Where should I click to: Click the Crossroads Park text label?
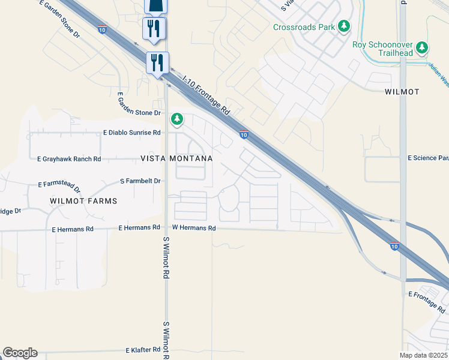pyautogui.click(x=303, y=27)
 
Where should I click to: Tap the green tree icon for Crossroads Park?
pyautogui.click(x=344, y=26)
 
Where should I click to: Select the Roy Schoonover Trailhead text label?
pyautogui.click(x=391, y=47)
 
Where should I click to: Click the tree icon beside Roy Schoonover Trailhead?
pyautogui.click(x=423, y=47)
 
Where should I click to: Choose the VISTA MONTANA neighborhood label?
pyautogui.click(x=176, y=158)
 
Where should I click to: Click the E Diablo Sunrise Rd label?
pyautogui.click(x=132, y=132)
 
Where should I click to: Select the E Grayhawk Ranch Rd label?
pyautogui.click(x=69, y=159)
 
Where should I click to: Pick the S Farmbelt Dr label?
pyautogui.click(x=140, y=181)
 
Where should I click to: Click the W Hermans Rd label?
pyautogui.click(x=193, y=228)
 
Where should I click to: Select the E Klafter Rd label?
pyautogui.click(x=142, y=350)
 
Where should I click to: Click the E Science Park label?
pyautogui.click(x=428, y=158)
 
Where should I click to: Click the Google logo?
pyautogui.click(x=20, y=353)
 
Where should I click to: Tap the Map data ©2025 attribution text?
pyautogui.click(x=424, y=355)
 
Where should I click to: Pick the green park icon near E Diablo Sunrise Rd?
pyautogui.click(x=176, y=119)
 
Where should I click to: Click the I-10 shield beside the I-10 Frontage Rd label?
pyautogui.click(x=244, y=134)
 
